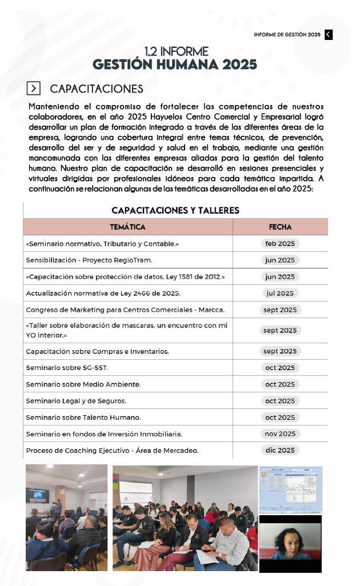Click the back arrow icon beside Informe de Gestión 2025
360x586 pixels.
[x=329, y=34]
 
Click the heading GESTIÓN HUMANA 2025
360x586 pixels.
[x=175, y=64]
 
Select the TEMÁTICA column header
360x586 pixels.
[x=127, y=227]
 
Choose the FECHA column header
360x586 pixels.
[x=280, y=227]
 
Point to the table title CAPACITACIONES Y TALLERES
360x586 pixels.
[x=175, y=210]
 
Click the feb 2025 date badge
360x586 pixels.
[x=279, y=243]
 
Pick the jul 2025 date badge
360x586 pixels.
[x=279, y=293]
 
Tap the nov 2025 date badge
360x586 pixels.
[x=279, y=434]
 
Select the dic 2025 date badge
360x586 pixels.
[x=279, y=450]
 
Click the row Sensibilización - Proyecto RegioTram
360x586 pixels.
[x=89, y=260]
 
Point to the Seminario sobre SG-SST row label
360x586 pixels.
[x=67, y=367]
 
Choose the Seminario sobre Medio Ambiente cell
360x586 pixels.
[x=83, y=384]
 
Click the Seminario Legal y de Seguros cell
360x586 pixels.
[x=76, y=400]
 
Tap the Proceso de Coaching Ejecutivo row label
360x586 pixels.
[x=112, y=450]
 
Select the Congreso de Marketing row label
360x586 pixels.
[x=125, y=310]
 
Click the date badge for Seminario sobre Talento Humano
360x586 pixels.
[x=279, y=417]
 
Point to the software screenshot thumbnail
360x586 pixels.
[x=290, y=489]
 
